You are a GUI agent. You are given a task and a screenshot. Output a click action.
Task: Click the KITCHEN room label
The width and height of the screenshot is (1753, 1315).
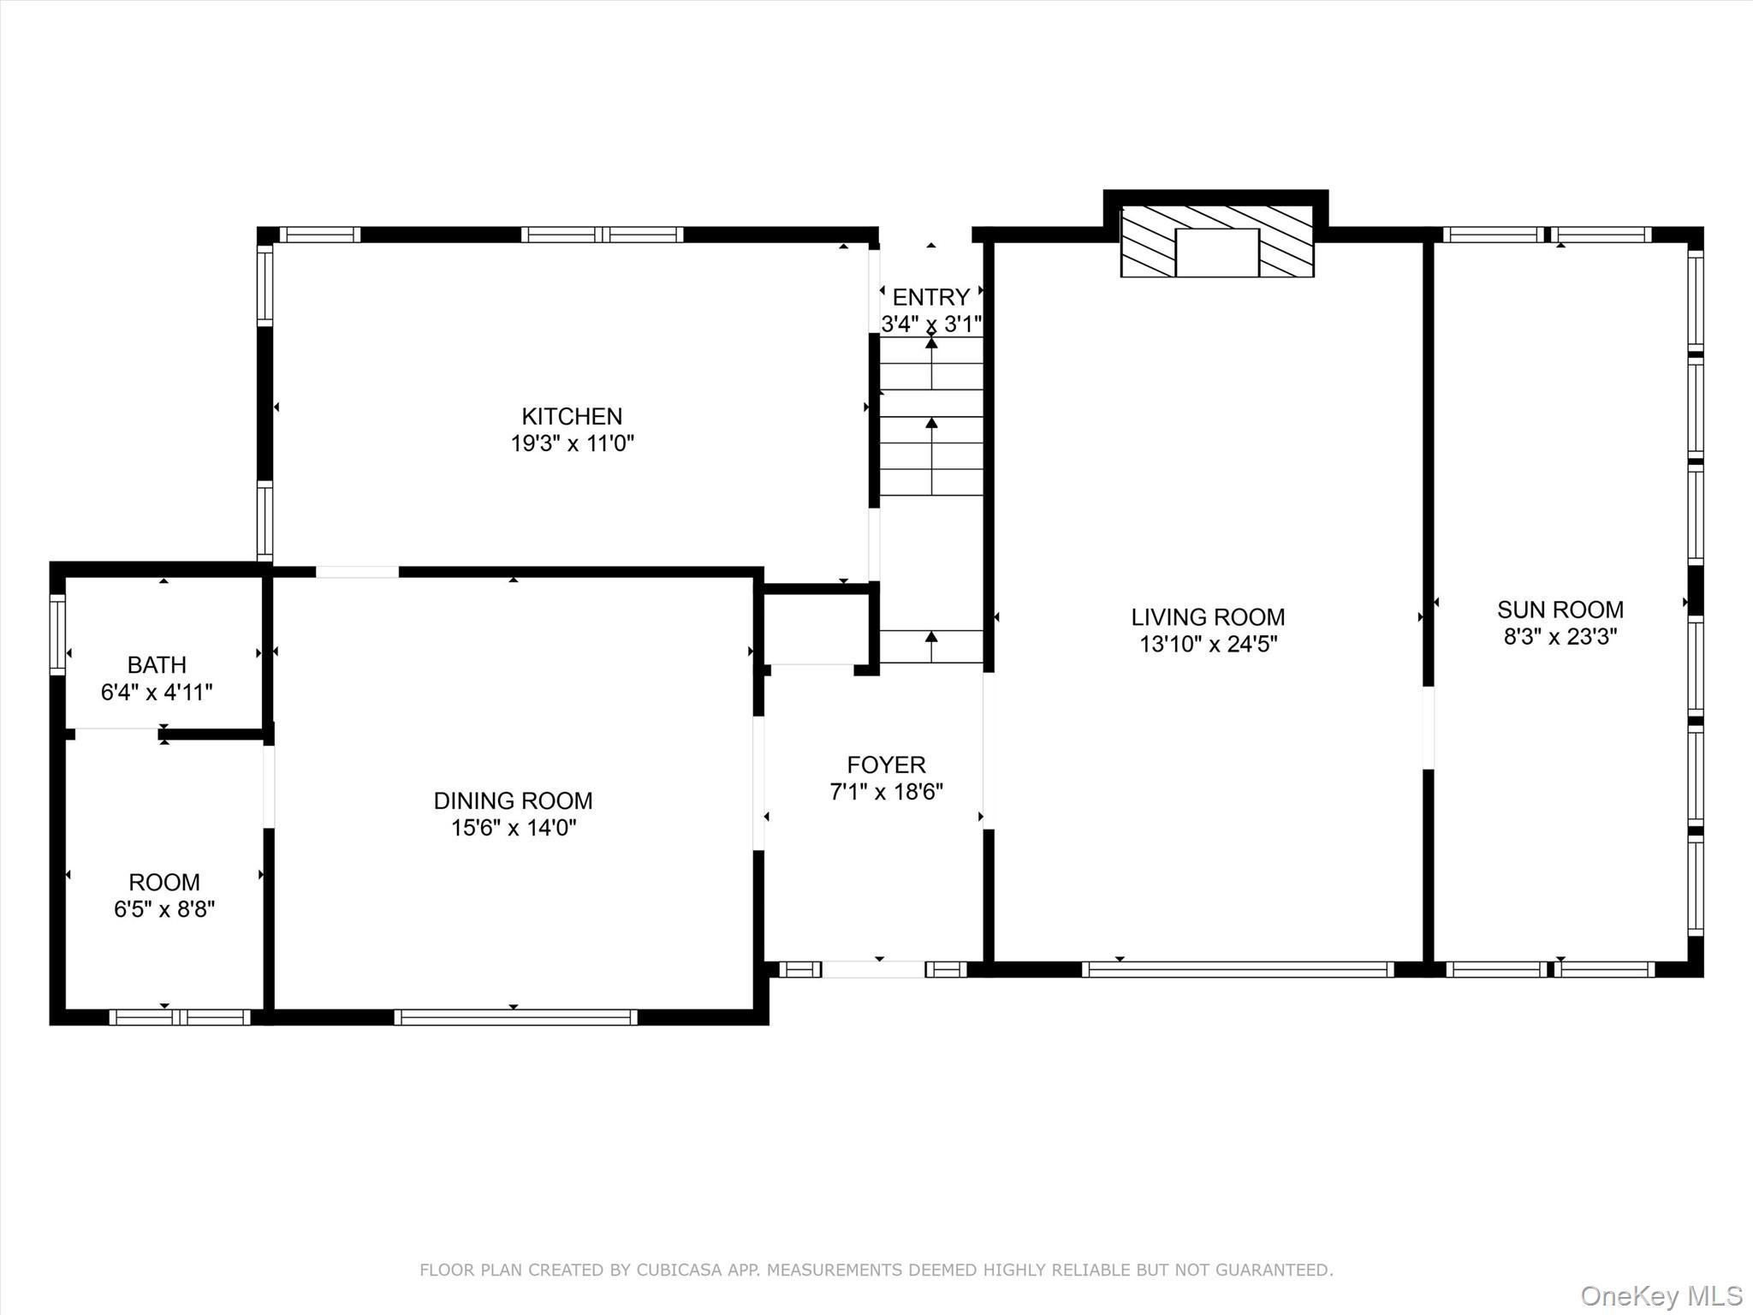click(x=572, y=416)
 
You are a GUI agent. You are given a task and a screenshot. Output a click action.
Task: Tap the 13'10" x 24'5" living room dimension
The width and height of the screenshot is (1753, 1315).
click(x=1208, y=645)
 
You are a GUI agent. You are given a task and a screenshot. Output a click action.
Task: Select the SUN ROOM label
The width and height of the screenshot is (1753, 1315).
click(x=1560, y=610)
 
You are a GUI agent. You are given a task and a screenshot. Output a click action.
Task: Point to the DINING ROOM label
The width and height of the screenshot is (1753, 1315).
click(x=513, y=800)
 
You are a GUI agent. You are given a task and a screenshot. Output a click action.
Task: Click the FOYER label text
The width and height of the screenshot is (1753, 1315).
click(x=886, y=765)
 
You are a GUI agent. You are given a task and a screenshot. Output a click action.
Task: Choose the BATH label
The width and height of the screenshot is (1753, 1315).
click(x=157, y=664)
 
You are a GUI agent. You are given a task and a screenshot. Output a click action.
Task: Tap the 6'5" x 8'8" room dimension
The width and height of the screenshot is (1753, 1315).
click(x=164, y=909)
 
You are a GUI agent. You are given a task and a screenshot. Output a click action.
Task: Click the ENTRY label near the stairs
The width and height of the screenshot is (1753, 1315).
click(x=930, y=297)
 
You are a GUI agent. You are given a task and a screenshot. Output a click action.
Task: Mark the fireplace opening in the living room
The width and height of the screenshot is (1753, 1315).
click(x=1216, y=253)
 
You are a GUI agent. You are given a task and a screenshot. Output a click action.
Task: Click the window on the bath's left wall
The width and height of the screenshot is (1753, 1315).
click(x=57, y=634)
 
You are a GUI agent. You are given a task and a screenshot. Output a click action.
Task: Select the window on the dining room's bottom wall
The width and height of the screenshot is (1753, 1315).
click(x=515, y=1017)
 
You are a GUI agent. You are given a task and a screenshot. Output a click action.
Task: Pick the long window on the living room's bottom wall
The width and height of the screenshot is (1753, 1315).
click(x=1238, y=969)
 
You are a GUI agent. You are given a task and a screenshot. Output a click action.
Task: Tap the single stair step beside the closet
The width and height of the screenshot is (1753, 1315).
click(x=931, y=646)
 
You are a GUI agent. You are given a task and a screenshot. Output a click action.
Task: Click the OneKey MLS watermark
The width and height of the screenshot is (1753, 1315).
click(x=1661, y=1295)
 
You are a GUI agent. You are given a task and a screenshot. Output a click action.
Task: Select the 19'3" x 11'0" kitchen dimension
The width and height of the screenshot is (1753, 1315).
click(x=572, y=443)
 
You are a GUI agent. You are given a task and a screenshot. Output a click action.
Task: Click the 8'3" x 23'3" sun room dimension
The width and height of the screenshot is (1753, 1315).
click(x=1560, y=637)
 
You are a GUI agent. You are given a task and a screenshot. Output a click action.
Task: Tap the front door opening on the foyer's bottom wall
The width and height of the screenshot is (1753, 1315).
click(x=873, y=969)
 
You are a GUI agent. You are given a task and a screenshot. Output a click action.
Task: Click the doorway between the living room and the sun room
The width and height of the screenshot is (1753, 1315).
click(x=1428, y=728)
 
